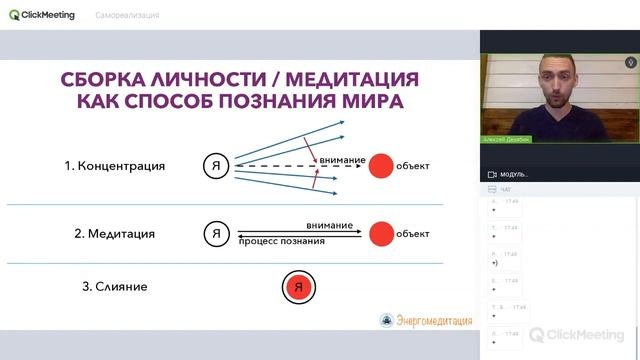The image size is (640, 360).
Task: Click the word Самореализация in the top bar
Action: (x=128, y=16)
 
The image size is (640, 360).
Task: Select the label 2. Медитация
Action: (x=114, y=234)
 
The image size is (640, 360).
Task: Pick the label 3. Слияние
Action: (x=114, y=287)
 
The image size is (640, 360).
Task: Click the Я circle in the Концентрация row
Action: (x=215, y=166)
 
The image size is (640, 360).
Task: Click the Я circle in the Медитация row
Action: (x=215, y=234)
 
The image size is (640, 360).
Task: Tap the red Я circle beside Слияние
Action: (x=296, y=288)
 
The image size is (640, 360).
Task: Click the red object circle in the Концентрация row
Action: (x=380, y=166)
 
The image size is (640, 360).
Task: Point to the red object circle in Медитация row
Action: (x=380, y=234)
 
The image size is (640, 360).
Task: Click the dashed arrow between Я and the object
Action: (x=290, y=166)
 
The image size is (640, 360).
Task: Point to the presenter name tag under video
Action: (x=507, y=139)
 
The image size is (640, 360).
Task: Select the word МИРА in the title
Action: (x=366, y=103)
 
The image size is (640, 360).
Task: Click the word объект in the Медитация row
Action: (x=413, y=234)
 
